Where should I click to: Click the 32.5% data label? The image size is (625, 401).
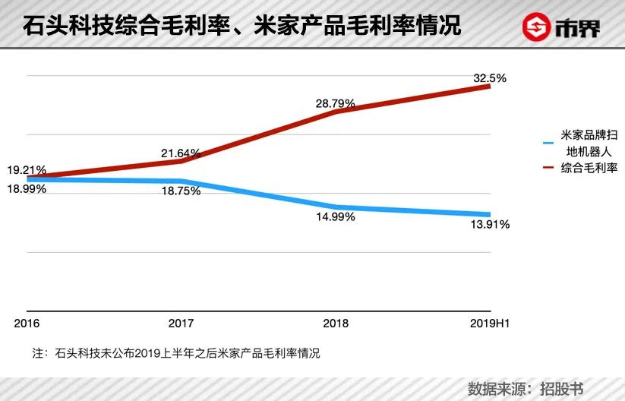click(x=489, y=78)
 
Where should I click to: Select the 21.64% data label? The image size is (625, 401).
click(x=181, y=153)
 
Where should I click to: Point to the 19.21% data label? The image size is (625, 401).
click(x=28, y=170)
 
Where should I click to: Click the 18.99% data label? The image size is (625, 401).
click(x=28, y=189)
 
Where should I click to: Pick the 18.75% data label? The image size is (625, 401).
click(x=181, y=191)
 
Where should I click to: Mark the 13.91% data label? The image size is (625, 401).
click(x=489, y=225)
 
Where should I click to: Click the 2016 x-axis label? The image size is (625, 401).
click(x=27, y=324)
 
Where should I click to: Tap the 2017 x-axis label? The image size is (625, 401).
click(x=181, y=324)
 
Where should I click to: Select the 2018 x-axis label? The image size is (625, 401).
click(x=336, y=324)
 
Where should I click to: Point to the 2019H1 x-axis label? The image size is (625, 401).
click(x=488, y=324)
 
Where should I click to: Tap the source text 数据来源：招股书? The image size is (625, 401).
click(x=526, y=388)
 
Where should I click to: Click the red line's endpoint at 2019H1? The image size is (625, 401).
click(x=489, y=87)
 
